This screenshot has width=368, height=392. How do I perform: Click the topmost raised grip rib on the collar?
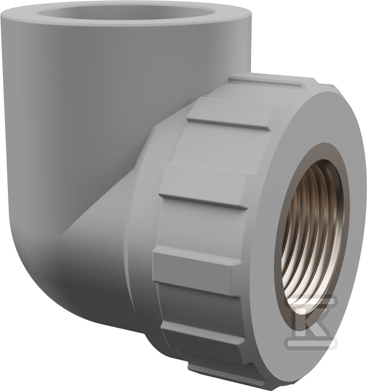[x=268, y=81]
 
